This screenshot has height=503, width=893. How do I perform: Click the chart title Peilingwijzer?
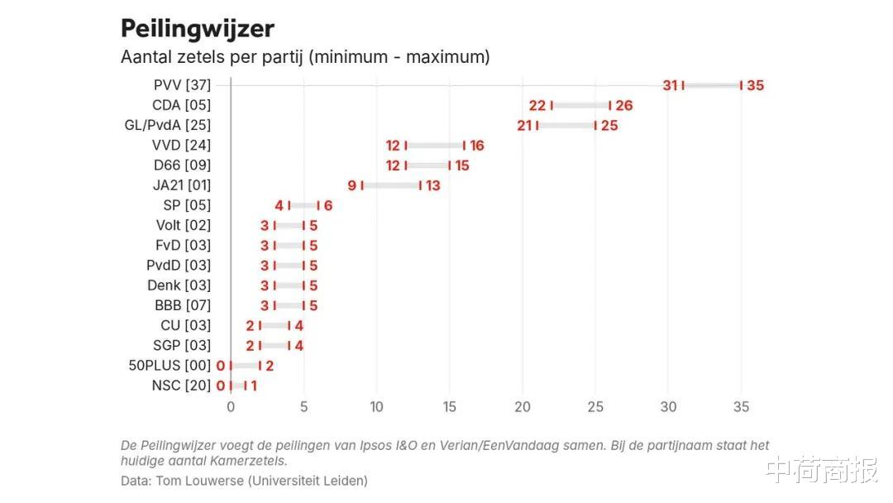tap(198, 28)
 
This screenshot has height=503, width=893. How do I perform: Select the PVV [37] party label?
tap(182, 85)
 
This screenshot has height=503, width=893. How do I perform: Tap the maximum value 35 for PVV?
tap(755, 85)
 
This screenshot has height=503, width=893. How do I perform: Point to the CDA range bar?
tap(580, 105)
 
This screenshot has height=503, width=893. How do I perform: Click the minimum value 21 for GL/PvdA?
tap(524, 126)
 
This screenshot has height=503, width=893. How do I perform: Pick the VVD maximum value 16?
tap(476, 146)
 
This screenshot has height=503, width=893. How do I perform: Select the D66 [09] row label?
tap(182, 165)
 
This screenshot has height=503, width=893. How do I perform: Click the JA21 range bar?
tap(391, 185)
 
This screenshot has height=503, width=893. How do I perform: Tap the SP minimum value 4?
tap(279, 205)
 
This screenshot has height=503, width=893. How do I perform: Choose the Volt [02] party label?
tap(184, 225)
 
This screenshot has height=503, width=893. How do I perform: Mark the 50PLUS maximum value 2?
tap(270, 365)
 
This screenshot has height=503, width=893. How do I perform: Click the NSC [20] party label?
tap(181, 386)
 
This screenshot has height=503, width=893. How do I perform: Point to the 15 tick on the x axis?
tap(449, 407)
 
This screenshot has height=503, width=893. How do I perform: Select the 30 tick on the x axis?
tap(668, 407)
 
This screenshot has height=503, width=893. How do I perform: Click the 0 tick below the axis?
tap(231, 407)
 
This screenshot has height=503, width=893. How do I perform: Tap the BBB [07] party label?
tap(183, 305)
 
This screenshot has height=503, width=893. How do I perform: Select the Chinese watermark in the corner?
tap(821, 470)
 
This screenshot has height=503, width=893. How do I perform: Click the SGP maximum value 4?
tap(298, 346)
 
